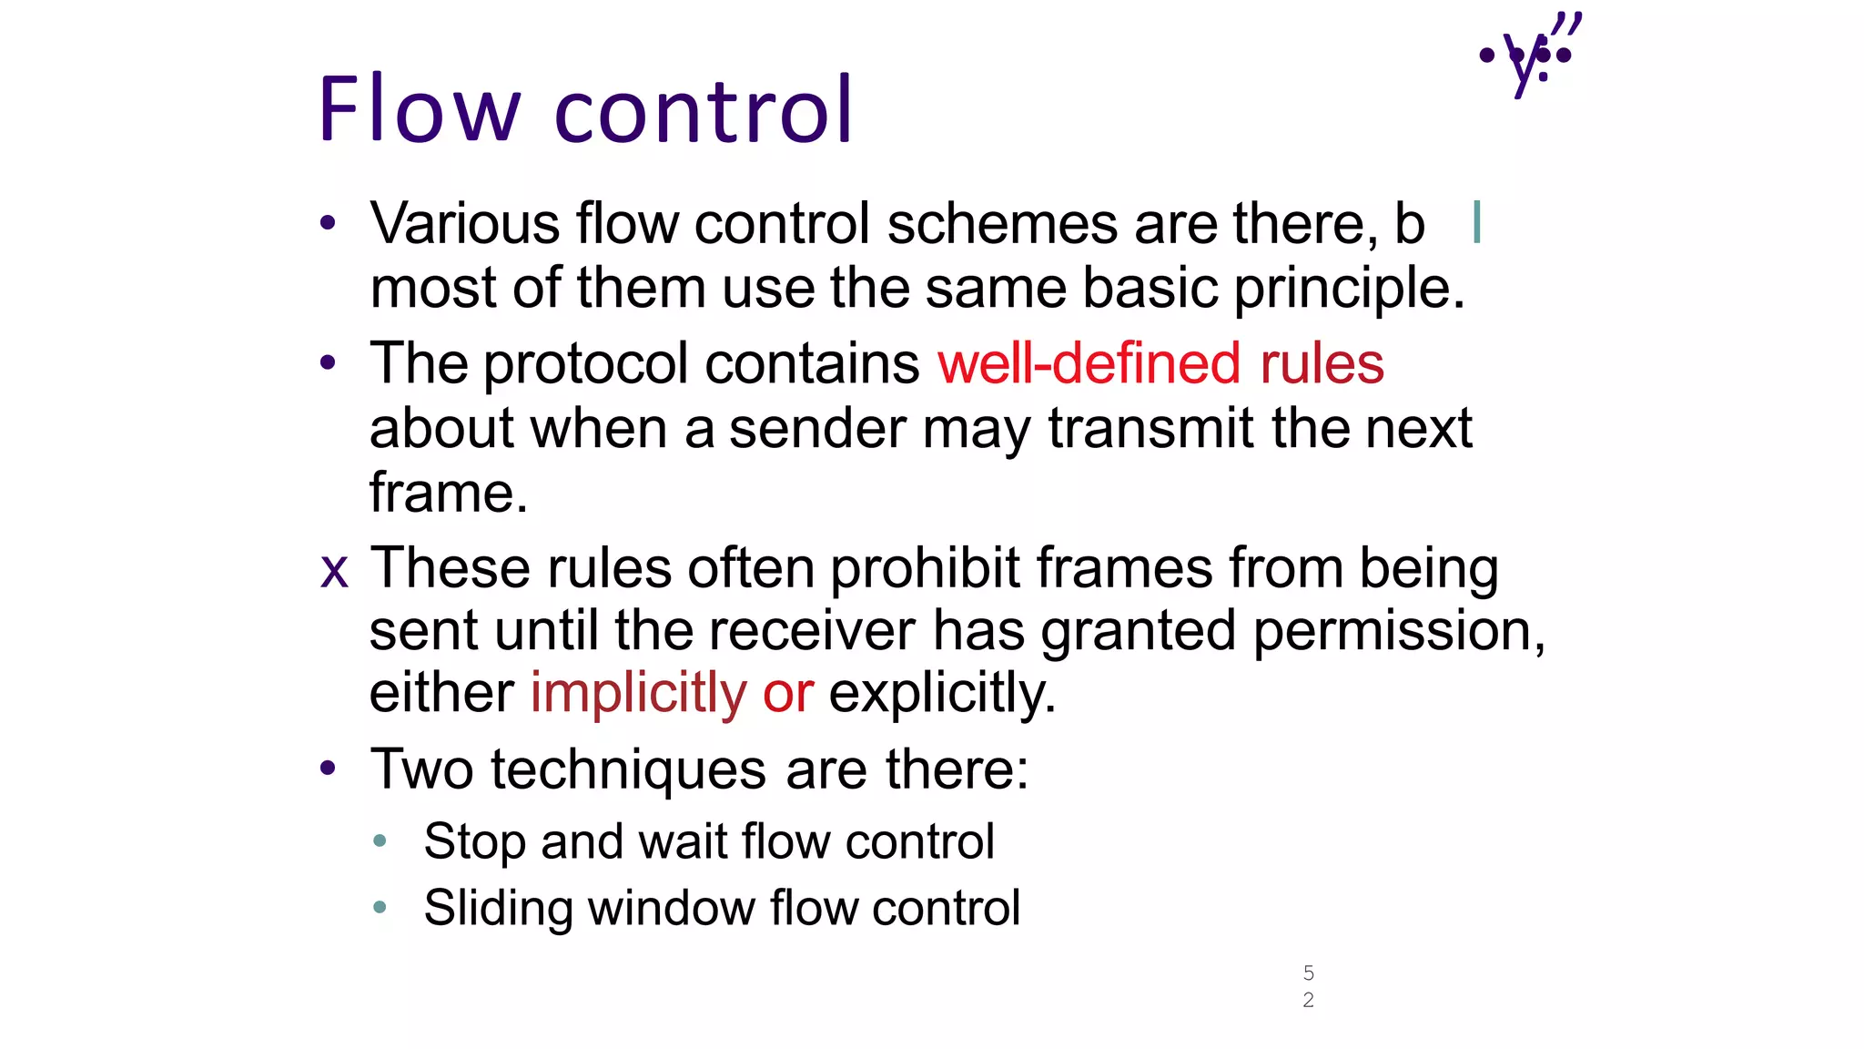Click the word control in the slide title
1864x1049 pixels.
point(704,110)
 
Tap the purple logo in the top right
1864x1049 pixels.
point(1531,55)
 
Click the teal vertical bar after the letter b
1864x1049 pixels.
point(1476,222)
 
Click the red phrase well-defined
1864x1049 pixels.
point(1089,363)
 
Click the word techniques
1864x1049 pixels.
point(628,770)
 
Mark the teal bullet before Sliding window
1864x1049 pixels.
point(380,907)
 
